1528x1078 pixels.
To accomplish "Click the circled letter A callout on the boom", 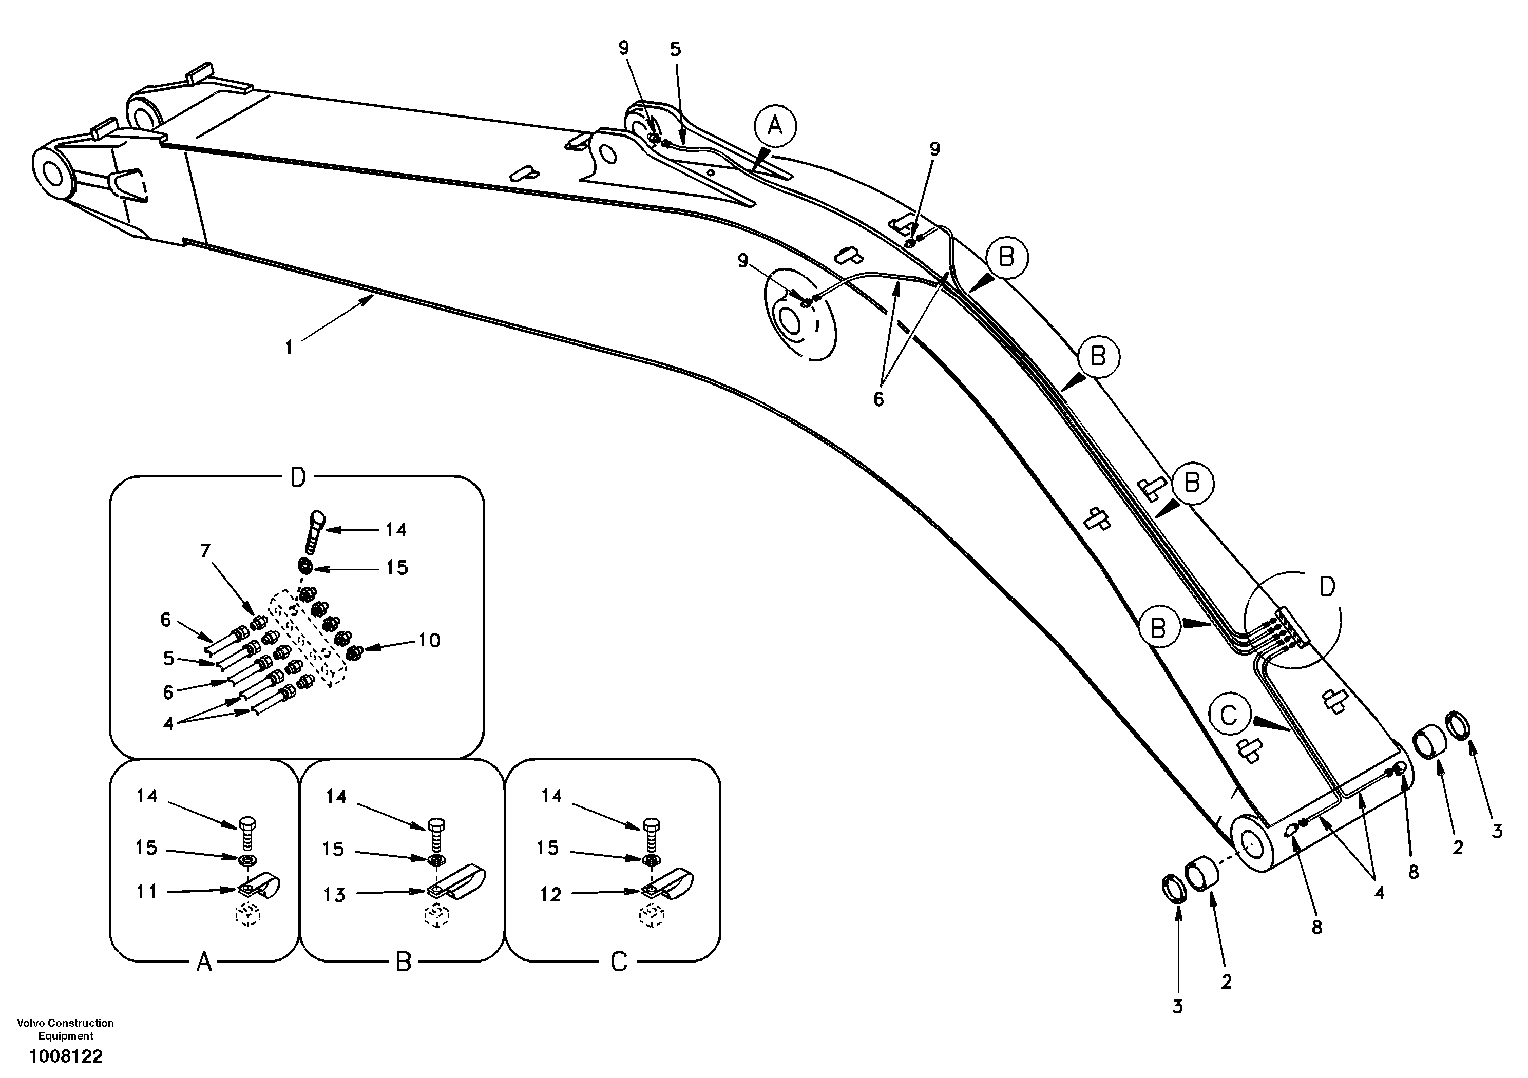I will (775, 126).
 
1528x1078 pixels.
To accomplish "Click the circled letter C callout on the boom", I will (1229, 716).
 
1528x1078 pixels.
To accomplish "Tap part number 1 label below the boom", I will (289, 348).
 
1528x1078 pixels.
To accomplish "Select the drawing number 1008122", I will (65, 1056).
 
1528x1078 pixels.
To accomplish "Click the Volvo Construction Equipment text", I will (65, 1029).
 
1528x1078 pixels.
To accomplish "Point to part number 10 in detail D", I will (429, 640).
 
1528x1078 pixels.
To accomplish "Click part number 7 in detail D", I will (205, 551).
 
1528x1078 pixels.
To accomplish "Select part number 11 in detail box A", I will (146, 891).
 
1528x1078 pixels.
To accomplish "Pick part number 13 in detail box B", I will (335, 895).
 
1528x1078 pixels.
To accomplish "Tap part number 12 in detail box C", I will (550, 894).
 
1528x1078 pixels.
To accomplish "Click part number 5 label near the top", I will (676, 49).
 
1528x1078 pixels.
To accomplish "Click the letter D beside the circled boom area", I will (1327, 587).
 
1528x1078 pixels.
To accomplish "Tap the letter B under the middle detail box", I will (403, 962).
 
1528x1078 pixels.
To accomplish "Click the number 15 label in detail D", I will (397, 568).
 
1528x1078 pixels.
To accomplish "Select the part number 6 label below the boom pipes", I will (878, 399).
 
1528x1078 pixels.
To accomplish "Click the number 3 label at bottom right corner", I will (1497, 831).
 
